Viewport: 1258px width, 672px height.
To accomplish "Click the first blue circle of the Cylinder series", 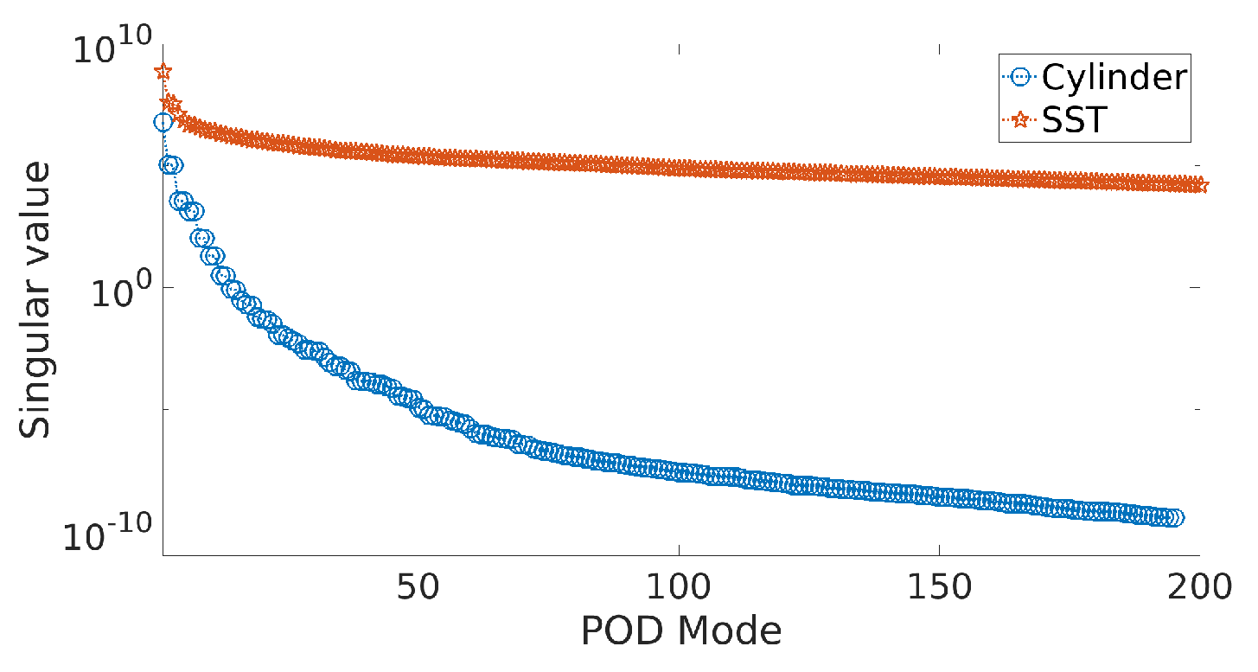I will tap(163, 123).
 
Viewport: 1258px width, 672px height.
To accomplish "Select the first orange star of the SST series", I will tap(163, 72).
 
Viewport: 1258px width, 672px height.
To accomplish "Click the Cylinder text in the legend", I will tap(1114, 78).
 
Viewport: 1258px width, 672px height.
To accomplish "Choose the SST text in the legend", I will tap(1074, 120).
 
